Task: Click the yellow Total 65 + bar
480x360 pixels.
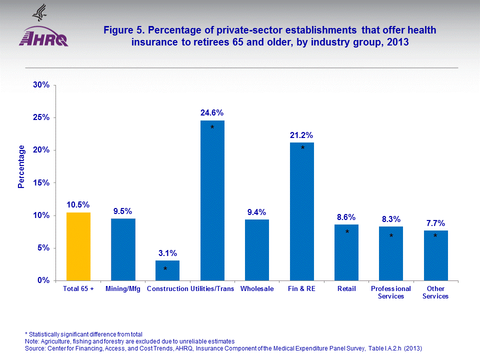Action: (78, 246)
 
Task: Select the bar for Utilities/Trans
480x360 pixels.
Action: (212, 200)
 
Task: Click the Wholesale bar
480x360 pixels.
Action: (257, 250)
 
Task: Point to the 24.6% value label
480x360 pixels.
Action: (212, 112)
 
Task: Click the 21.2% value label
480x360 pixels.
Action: (301, 135)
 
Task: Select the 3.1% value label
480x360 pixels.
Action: (167, 253)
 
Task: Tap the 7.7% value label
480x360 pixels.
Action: (435, 223)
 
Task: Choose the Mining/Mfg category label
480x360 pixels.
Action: (123, 289)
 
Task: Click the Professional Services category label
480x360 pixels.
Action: (391, 292)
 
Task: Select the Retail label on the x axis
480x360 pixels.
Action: (346, 289)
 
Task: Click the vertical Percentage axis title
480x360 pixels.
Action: (21, 166)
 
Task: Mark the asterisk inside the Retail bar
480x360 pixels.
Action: (347, 232)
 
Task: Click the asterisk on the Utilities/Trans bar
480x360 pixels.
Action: (212, 128)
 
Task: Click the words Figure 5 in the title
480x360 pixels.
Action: (122, 30)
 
